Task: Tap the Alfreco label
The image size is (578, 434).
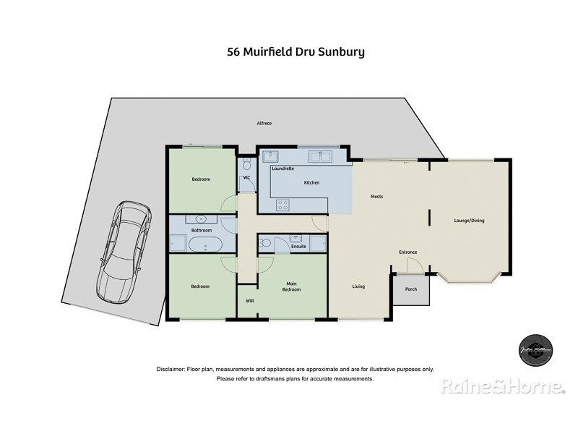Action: point(264,123)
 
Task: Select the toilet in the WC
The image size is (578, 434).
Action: point(247,166)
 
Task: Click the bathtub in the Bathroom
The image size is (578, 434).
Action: point(206,242)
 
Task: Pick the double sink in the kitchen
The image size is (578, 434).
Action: point(319,156)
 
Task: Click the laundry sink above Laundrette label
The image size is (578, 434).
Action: point(272,156)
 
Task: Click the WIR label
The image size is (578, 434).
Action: point(250,300)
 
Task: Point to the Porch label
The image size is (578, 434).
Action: point(411,289)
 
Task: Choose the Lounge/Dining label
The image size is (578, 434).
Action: point(469,220)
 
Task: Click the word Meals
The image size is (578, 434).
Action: point(376,196)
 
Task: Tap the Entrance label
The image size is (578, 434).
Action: point(408,252)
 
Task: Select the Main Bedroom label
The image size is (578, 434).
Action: point(292,286)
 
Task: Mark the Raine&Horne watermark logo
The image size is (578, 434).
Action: point(502,387)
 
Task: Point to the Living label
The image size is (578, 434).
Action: point(358,286)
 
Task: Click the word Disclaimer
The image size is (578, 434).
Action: point(171,369)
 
